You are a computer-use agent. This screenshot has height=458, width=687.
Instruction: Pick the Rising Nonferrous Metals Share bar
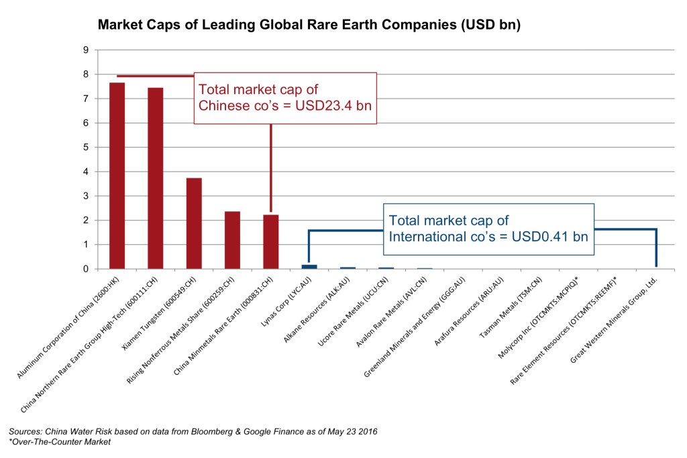pos(232,240)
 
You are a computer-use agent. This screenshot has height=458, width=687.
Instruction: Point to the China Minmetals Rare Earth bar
pos(270,242)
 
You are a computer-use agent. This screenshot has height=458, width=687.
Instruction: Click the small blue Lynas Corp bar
pos(309,267)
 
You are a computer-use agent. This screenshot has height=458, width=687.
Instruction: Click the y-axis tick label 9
pos(86,50)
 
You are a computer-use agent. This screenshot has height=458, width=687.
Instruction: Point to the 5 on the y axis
pos(86,148)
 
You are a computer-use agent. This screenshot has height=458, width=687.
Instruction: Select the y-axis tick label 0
pos(86,269)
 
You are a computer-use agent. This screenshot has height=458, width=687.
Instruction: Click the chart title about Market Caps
pos(309,26)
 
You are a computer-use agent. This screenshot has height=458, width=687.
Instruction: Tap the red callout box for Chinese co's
pos(285,98)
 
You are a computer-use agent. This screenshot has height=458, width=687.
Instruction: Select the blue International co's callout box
pos(488,229)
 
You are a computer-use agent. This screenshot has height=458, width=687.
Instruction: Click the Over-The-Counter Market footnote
pos(60,442)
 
